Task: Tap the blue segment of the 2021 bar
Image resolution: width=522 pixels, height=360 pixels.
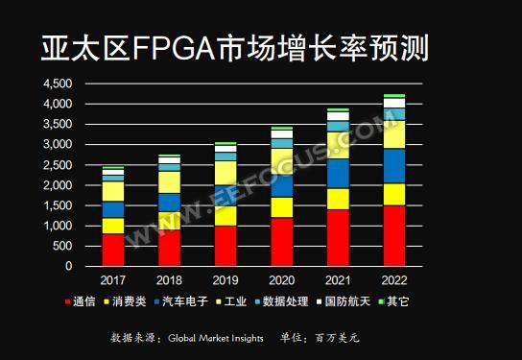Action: [x=338, y=173]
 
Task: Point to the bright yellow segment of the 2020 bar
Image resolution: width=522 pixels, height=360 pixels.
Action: [x=281, y=207]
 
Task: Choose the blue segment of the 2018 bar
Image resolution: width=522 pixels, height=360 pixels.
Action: [x=169, y=204]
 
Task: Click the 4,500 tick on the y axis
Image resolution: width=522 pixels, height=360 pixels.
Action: [x=58, y=84]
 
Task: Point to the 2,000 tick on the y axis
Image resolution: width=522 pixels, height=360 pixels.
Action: [x=58, y=185]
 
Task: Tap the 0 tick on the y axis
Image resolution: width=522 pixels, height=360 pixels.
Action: [x=68, y=267]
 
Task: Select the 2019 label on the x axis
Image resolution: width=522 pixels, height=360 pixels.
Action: [x=225, y=280]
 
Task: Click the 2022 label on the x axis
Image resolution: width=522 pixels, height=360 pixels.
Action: [x=393, y=280]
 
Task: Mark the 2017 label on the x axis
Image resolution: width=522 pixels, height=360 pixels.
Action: [x=112, y=280]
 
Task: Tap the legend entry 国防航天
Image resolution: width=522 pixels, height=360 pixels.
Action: [x=389, y=302]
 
